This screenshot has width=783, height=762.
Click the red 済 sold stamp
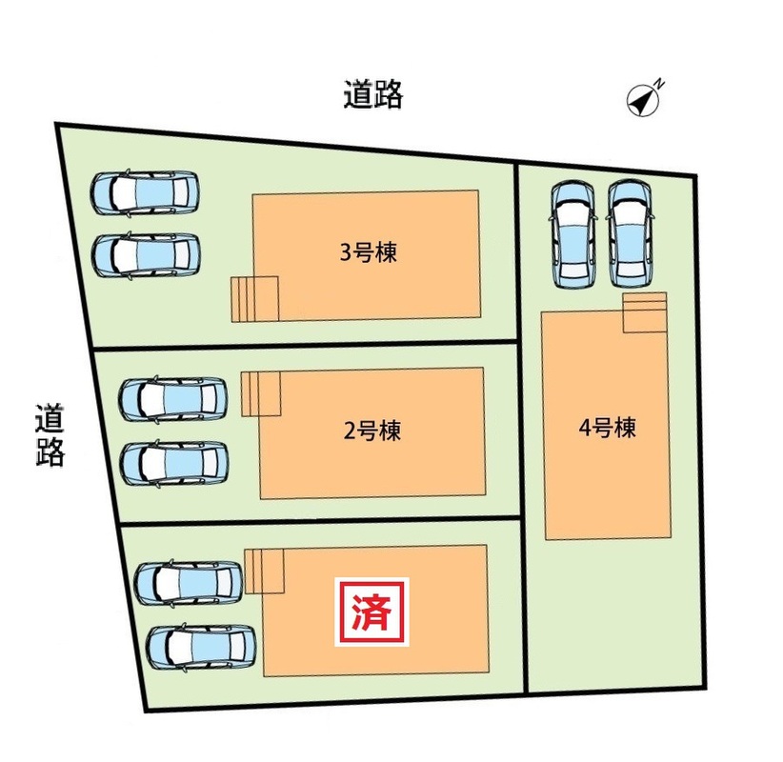[x=371, y=612]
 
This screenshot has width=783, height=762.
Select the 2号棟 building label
[x=372, y=431]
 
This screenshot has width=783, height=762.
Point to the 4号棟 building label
[x=607, y=428]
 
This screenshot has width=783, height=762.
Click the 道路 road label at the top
[x=373, y=95]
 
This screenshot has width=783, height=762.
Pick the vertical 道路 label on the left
[x=50, y=436]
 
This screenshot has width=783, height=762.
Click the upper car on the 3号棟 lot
[x=145, y=192]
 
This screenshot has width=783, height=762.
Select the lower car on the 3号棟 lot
[x=146, y=255]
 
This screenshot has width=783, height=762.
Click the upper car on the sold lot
[x=189, y=582]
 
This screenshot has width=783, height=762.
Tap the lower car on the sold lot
[x=201, y=645]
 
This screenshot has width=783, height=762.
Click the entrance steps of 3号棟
[x=253, y=298]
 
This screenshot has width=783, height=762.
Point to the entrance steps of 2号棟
[x=260, y=393]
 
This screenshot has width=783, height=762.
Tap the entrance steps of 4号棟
[x=645, y=312]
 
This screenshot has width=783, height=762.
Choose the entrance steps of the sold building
[x=265, y=571]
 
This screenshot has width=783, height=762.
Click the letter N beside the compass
[x=660, y=85]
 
